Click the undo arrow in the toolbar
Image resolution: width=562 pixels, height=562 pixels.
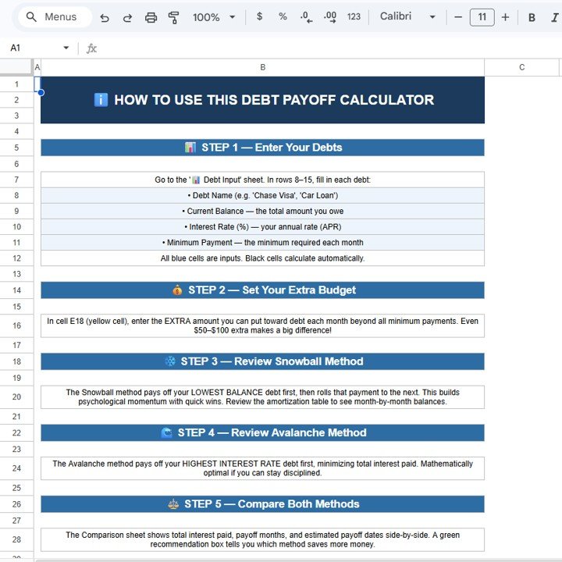pyautogui.click(x=105, y=17)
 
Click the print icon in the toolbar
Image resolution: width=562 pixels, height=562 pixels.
pyautogui.click(x=151, y=17)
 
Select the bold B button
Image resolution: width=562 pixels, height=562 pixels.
pyautogui.click(x=532, y=17)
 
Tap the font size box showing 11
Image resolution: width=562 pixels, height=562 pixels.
pyautogui.click(x=482, y=17)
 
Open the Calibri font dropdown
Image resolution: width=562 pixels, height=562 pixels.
pyautogui.click(x=407, y=17)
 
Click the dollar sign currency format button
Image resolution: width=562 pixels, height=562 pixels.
pyautogui.click(x=259, y=17)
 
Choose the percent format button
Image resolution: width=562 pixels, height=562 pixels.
pyautogui.click(x=283, y=17)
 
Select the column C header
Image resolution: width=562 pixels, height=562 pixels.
pyautogui.click(x=522, y=68)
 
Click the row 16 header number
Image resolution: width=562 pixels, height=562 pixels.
pyautogui.click(x=16, y=325)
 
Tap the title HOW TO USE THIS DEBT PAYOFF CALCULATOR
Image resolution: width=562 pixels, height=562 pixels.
pyautogui.click(x=263, y=100)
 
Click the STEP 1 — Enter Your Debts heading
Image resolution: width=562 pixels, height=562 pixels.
pyautogui.click(x=263, y=148)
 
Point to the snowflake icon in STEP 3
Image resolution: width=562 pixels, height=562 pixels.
pyautogui.click(x=170, y=361)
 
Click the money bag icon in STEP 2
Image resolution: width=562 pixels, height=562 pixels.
pyautogui.click(x=177, y=290)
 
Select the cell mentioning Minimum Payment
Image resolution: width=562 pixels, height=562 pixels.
pyautogui.click(x=263, y=243)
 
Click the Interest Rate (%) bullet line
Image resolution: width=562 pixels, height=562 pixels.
pyautogui.click(x=263, y=227)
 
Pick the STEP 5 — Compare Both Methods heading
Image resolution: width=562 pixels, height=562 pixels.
pyautogui.click(x=263, y=504)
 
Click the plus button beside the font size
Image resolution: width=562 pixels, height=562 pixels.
pyautogui.click(x=505, y=17)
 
